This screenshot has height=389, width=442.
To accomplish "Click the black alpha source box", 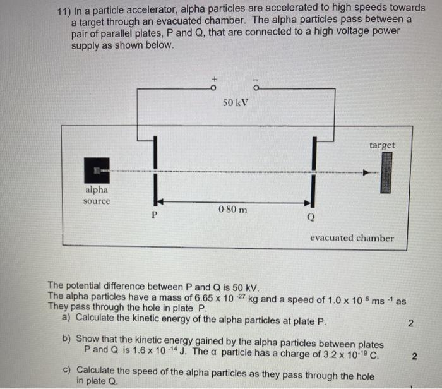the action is pyautogui.click(x=97, y=171).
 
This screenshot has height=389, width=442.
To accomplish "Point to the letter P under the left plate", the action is pyautogui.click(x=153, y=215).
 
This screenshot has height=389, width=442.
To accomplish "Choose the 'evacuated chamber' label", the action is pyautogui.click(x=351, y=238).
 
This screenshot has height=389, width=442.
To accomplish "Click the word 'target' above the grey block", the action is pyautogui.click(x=382, y=145).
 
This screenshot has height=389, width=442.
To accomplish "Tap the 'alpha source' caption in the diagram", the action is pyautogui.click(x=97, y=195).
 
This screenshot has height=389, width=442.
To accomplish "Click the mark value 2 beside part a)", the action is pyautogui.click(x=410, y=325).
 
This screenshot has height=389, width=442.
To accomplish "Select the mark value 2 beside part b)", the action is pyautogui.click(x=414, y=357).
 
